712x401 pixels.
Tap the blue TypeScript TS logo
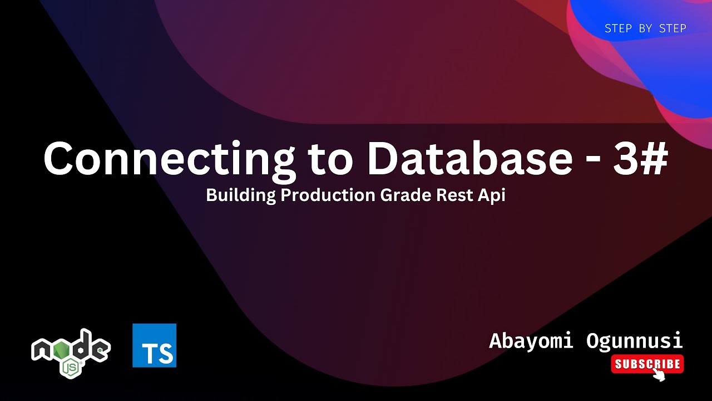[154, 345]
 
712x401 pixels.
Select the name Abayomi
[531, 340]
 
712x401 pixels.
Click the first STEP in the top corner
[617, 28]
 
